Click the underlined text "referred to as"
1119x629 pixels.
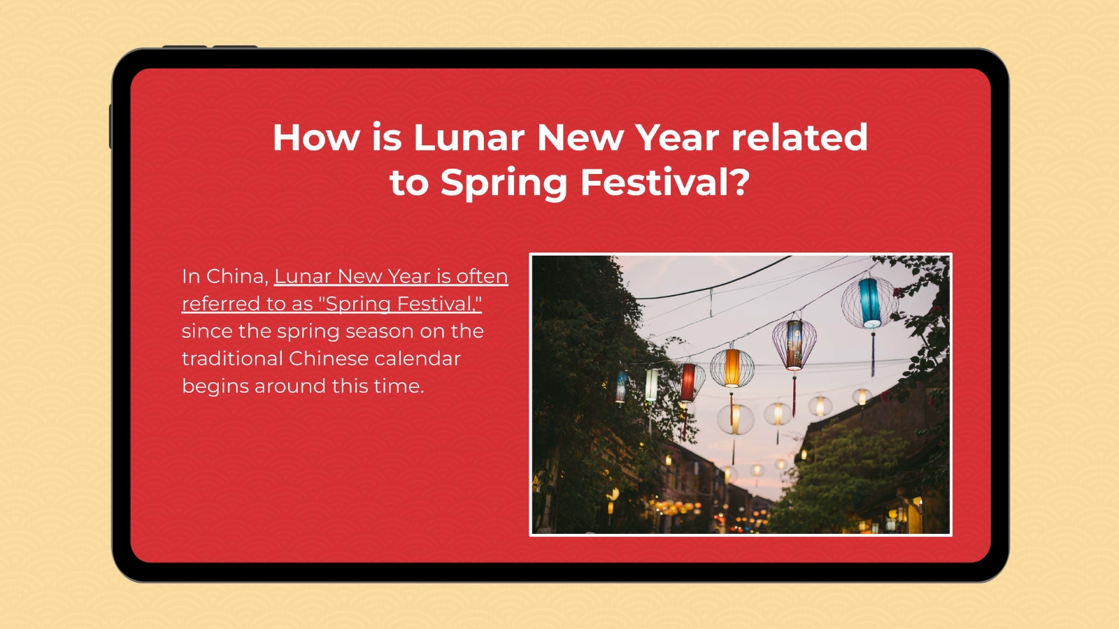247,304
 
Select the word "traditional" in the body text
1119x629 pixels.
232,359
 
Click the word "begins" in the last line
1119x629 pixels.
215,386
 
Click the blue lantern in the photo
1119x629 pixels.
870,303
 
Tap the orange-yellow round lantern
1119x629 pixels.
732,368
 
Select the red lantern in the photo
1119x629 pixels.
688,382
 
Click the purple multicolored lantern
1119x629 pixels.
794,344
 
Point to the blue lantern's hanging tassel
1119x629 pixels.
873,353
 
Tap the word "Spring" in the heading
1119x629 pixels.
503,184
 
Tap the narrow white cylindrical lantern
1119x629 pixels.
651,385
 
